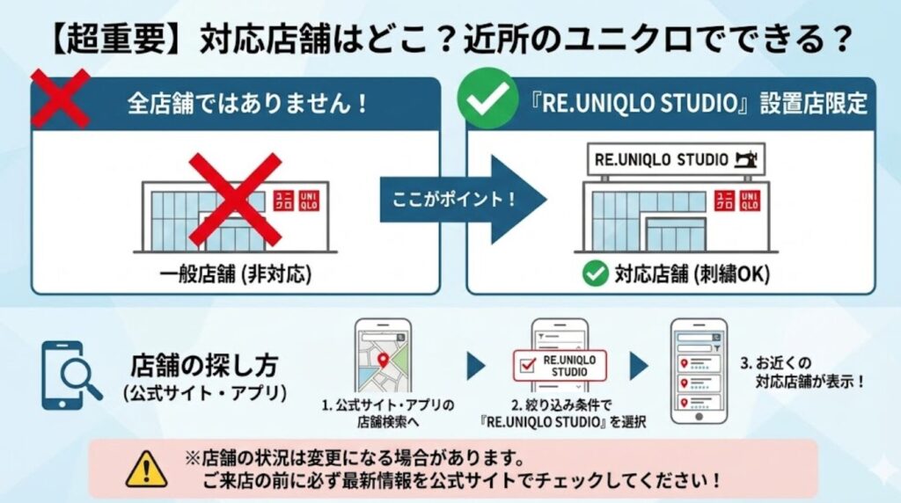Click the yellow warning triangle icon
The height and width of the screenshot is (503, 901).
[x=146, y=471]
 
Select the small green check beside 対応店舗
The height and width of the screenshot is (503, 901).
[x=596, y=274]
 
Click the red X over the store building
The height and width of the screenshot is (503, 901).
[x=235, y=199]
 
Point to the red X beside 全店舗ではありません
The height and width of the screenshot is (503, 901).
[x=59, y=98]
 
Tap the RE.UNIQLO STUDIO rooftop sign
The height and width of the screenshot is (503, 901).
[x=676, y=159]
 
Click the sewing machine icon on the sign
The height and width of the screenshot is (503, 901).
[x=747, y=159]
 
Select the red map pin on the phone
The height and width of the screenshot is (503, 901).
[x=383, y=359]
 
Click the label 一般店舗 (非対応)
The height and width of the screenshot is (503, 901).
[x=236, y=274]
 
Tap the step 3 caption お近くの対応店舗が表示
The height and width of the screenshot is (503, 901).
[x=802, y=373]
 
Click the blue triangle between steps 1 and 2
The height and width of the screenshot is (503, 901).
[x=475, y=366]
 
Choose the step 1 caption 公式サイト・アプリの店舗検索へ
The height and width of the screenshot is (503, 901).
[x=387, y=413]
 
